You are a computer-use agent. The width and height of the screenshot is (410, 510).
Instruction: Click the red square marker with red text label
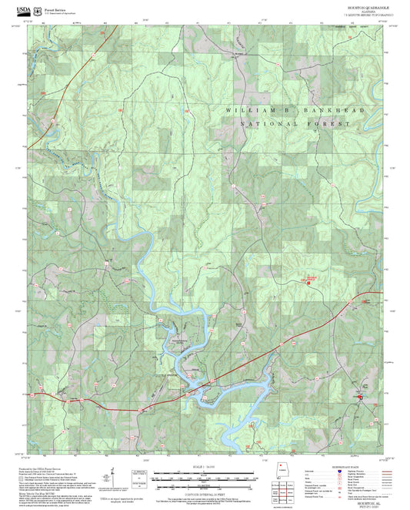[x=309, y=282]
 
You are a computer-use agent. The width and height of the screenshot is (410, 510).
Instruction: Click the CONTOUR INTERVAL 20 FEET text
[x=203, y=486]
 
